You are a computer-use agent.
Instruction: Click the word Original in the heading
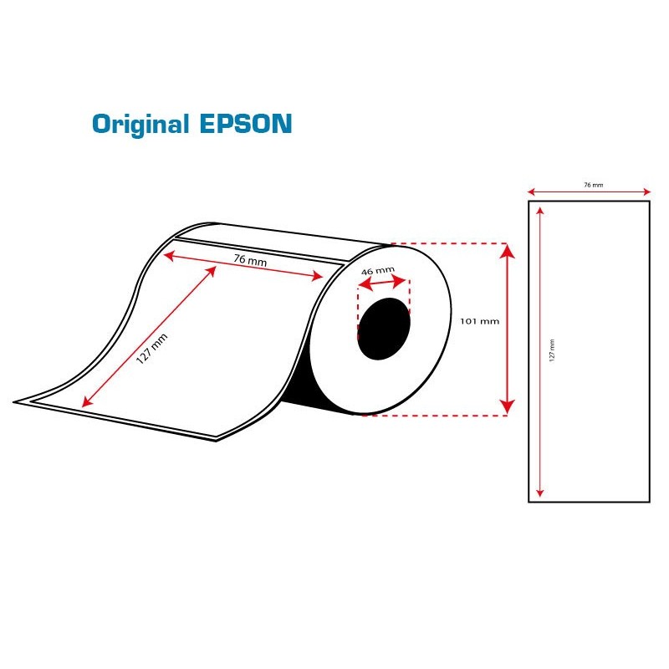(140, 125)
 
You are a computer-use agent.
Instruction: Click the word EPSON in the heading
(246, 124)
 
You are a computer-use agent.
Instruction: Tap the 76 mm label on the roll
(250, 260)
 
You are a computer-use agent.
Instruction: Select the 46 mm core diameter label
(378, 270)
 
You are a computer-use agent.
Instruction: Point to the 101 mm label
(479, 321)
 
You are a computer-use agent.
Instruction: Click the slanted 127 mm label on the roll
(152, 349)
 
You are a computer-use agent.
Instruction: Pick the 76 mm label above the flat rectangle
(594, 185)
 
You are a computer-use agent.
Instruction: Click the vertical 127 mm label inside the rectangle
(552, 350)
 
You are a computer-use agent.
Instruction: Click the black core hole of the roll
(384, 329)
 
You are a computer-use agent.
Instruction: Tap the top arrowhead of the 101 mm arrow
(507, 251)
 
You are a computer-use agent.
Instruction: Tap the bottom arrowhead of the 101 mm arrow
(507, 407)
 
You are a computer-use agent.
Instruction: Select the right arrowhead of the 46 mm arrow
(400, 281)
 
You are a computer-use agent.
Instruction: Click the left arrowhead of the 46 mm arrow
(365, 284)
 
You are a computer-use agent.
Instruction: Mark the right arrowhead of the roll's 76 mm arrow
(318, 276)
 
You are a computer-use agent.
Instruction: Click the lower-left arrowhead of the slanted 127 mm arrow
(87, 401)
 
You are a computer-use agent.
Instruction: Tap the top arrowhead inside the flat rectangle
(540, 211)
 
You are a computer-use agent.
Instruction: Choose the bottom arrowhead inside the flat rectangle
(540, 493)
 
